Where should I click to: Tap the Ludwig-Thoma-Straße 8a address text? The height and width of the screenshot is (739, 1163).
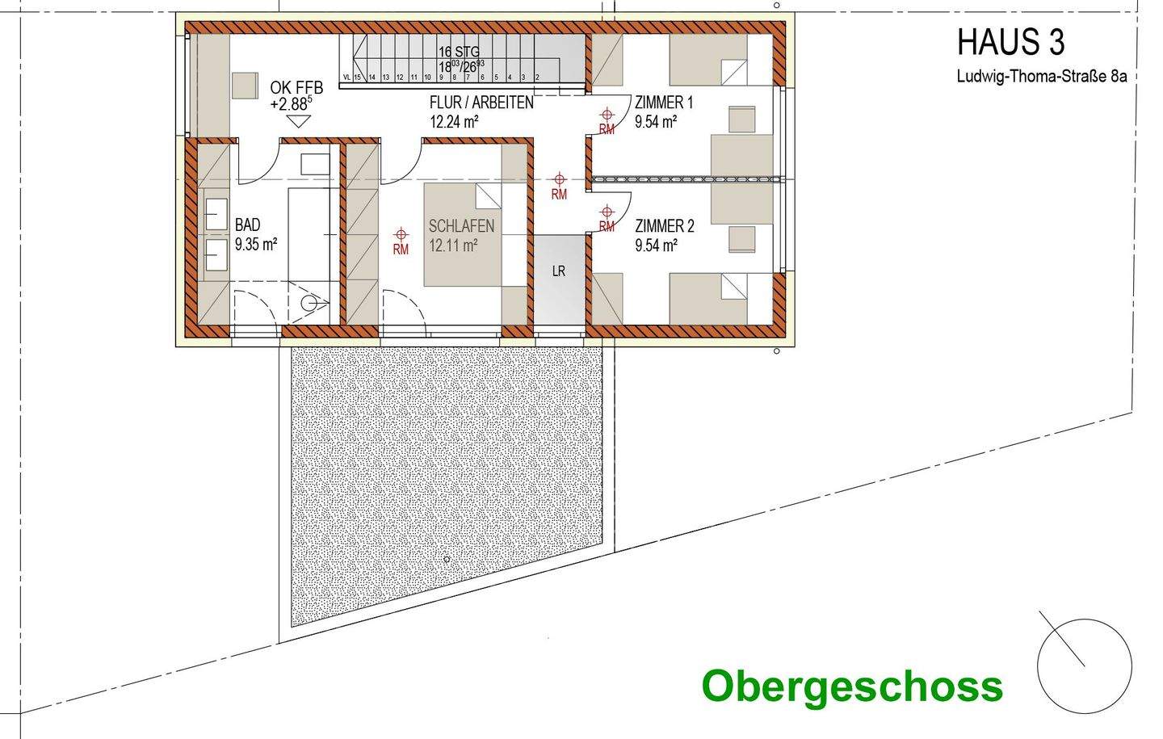pos(1041,78)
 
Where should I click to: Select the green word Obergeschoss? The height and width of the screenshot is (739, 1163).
pos(852,687)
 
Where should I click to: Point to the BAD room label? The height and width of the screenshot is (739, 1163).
pos(248,225)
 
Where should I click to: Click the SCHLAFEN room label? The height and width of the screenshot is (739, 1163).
pos(461,227)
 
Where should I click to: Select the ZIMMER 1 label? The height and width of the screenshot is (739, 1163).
pos(664,103)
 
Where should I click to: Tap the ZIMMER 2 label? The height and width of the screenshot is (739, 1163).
pos(664,226)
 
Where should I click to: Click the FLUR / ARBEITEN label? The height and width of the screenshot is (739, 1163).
pos(481,103)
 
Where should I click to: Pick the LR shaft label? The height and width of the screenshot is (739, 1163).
pos(558,271)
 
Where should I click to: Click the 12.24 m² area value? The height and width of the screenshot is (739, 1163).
pos(455,122)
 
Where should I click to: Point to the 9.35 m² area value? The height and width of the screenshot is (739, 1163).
pos(256,245)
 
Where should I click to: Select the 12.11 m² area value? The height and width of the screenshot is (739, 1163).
pos(454,246)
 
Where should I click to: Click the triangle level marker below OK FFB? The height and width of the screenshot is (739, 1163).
pos(299,121)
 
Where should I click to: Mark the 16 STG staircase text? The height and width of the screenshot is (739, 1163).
pos(459,52)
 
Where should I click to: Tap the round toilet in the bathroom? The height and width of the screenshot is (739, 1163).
pos(309,303)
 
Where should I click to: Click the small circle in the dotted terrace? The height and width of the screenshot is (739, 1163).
pos(447,559)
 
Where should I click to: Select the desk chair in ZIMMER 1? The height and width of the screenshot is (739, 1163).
pos(741,119)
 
